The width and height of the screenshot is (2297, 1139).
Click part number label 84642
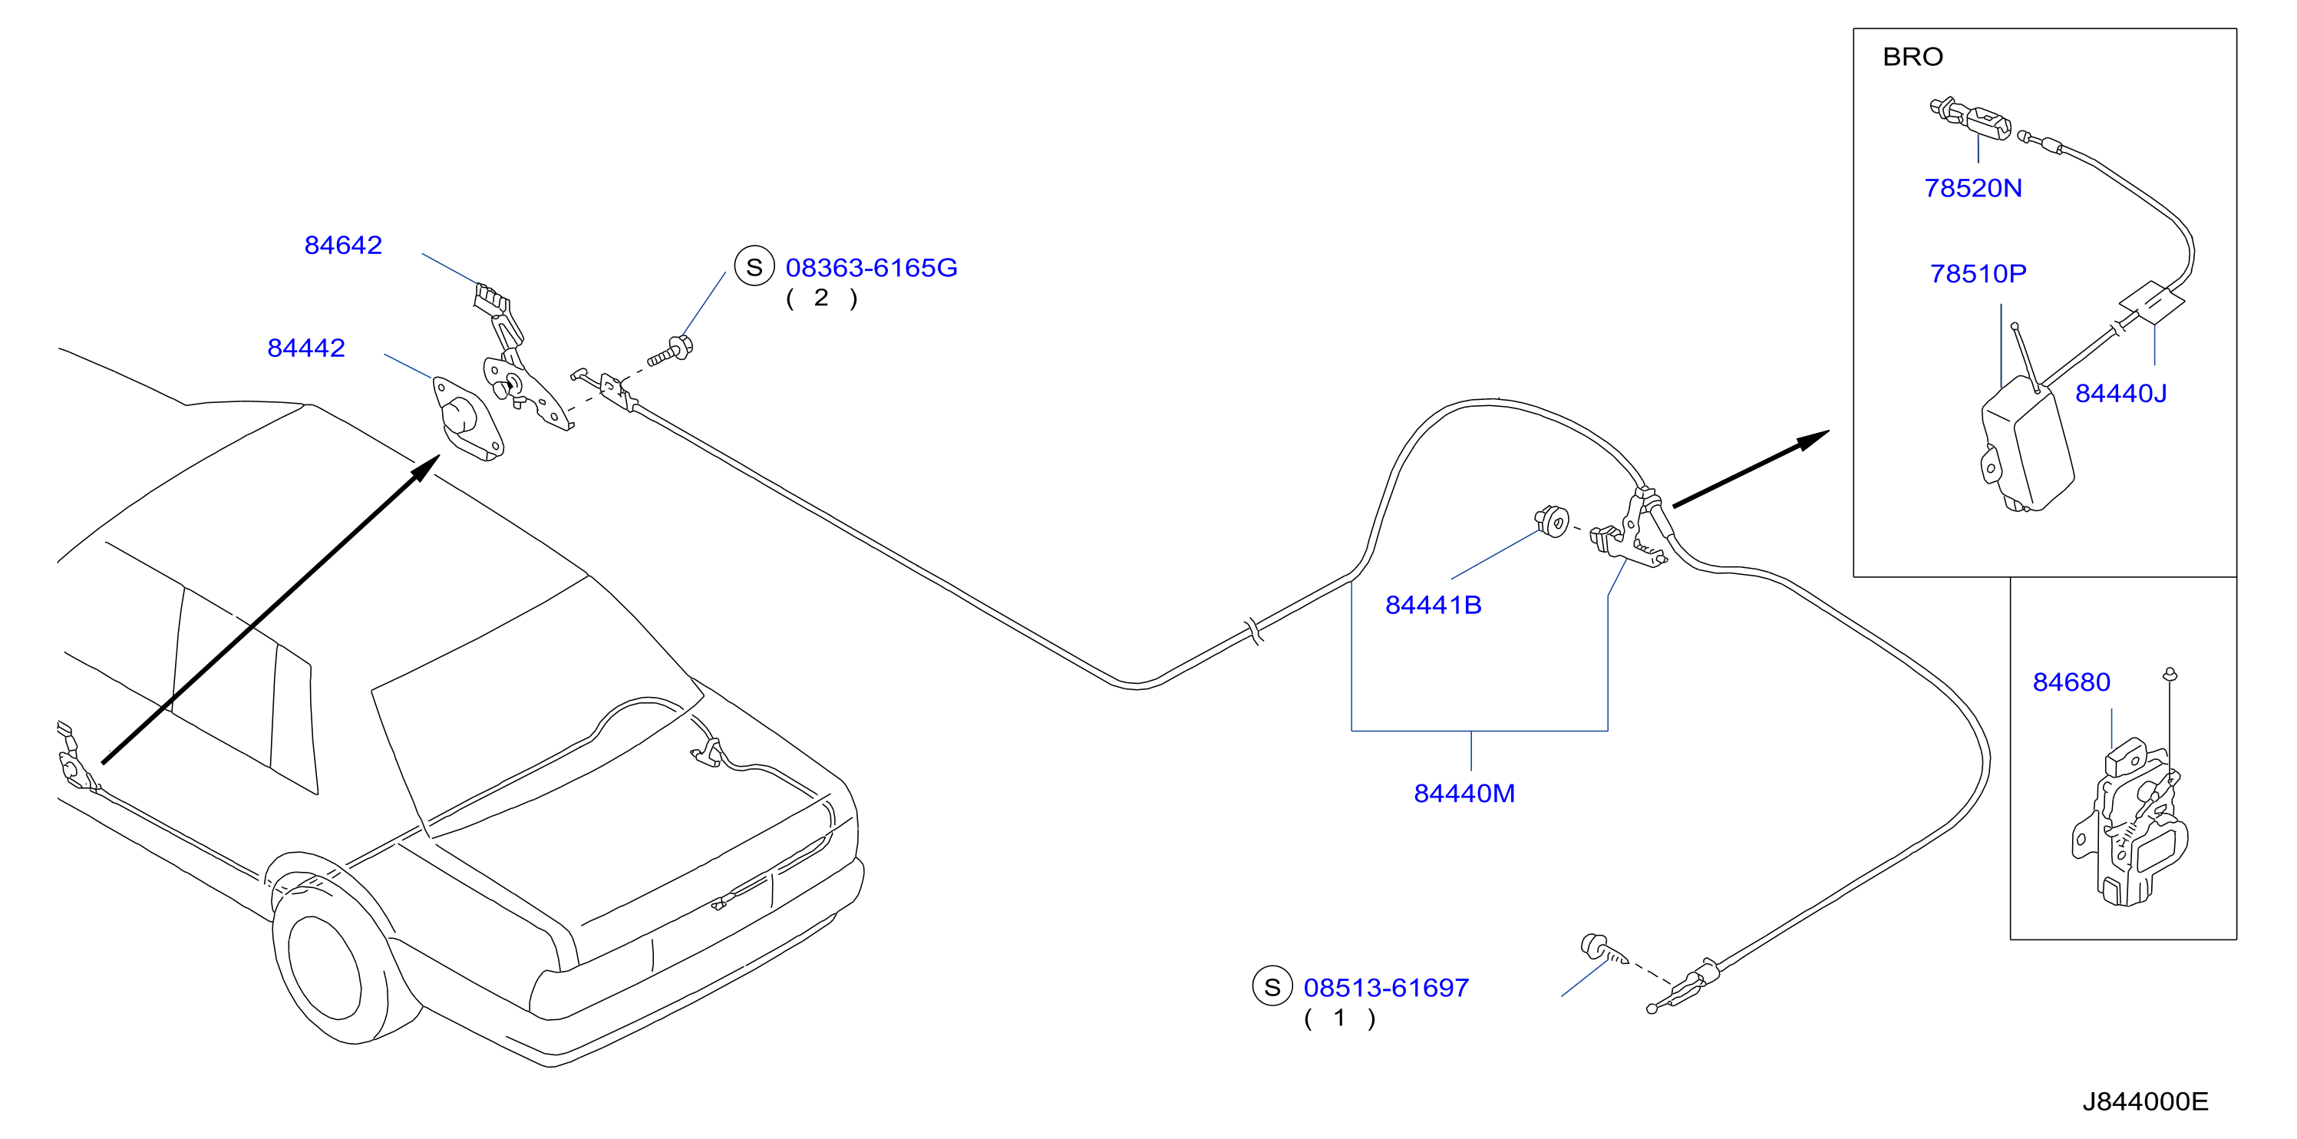pyautogui.click(x=343, y=246)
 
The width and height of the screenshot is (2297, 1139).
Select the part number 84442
pyautogui.click(x=306, y=348)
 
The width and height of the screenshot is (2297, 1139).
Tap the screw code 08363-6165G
pyautogui.click(x=871, y=268)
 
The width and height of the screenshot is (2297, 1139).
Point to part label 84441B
pyautogui.click(x=1433, y=605)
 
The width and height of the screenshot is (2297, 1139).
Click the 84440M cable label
pyautogui.click(x=1464, y=793)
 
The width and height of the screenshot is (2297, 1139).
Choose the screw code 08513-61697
pyautogui.click(x=1386, y=987)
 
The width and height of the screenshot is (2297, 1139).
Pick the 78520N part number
pyautogui.click(x=1972, y=188)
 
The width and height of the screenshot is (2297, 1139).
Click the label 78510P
pyautogui.click(x=1978, y=274)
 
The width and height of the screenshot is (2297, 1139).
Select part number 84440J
pyautogui.click(x=2120, y=393)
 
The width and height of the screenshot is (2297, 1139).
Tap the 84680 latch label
pyautogui.click(x=2071, y=682)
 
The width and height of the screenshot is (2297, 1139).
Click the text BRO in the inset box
pyautogui.click(x=1913, y=57)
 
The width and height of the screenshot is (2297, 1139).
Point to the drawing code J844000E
pyautogui.click(x=2145, y=1101)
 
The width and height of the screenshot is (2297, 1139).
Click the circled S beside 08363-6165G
pyautogui.click(x=754, y=266)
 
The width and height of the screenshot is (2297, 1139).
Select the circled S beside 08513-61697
pyautogui.click(x=1272, y=986)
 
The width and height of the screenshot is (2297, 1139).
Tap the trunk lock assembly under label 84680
pyautogui.click(x=2130, y=821)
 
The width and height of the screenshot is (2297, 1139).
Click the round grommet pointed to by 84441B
pyautogui.click(x=1552, y=520)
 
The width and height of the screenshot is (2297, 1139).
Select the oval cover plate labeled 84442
pyautogui.click(x=467, y=418)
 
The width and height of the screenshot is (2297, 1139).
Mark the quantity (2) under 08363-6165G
pyautogui.click(x=821, y=298)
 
